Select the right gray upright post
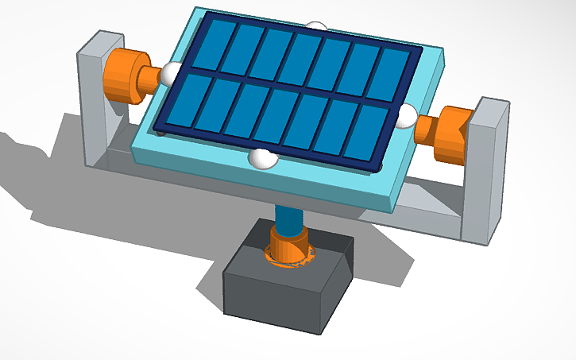pos(485,171)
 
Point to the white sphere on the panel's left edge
pos(170,75)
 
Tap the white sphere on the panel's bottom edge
pos(262,158)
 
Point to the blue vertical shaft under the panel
pos(286,218)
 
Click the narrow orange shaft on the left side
pos(150,78)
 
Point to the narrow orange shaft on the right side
pos(426,127)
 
